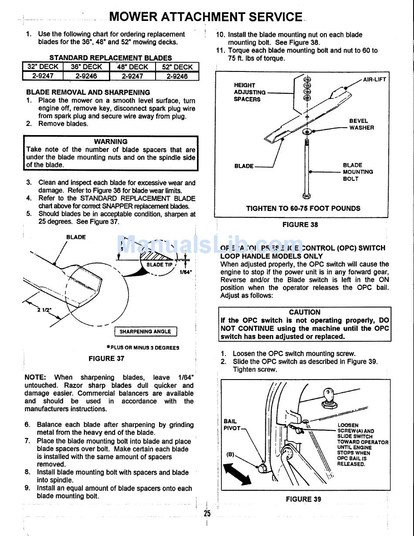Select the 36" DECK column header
point(86,67)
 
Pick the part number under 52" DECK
point(177,76)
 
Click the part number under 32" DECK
point(42,76)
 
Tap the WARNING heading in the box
point(111,142)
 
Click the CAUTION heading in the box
point(305,312)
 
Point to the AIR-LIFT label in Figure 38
point(374,80)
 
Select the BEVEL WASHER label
point(361,124)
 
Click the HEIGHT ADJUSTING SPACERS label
point(250,92)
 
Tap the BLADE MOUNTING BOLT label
point(358,172)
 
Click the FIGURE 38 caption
point(300,225)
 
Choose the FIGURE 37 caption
point(106,358)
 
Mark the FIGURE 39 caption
point(304,499)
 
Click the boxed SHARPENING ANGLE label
point(145,332)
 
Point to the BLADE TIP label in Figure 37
point(159,265)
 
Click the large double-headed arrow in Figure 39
point(237,474)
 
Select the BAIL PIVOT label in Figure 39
point(231,425)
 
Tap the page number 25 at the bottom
point(207,513)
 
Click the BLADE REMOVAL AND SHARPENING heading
point(88,92)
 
